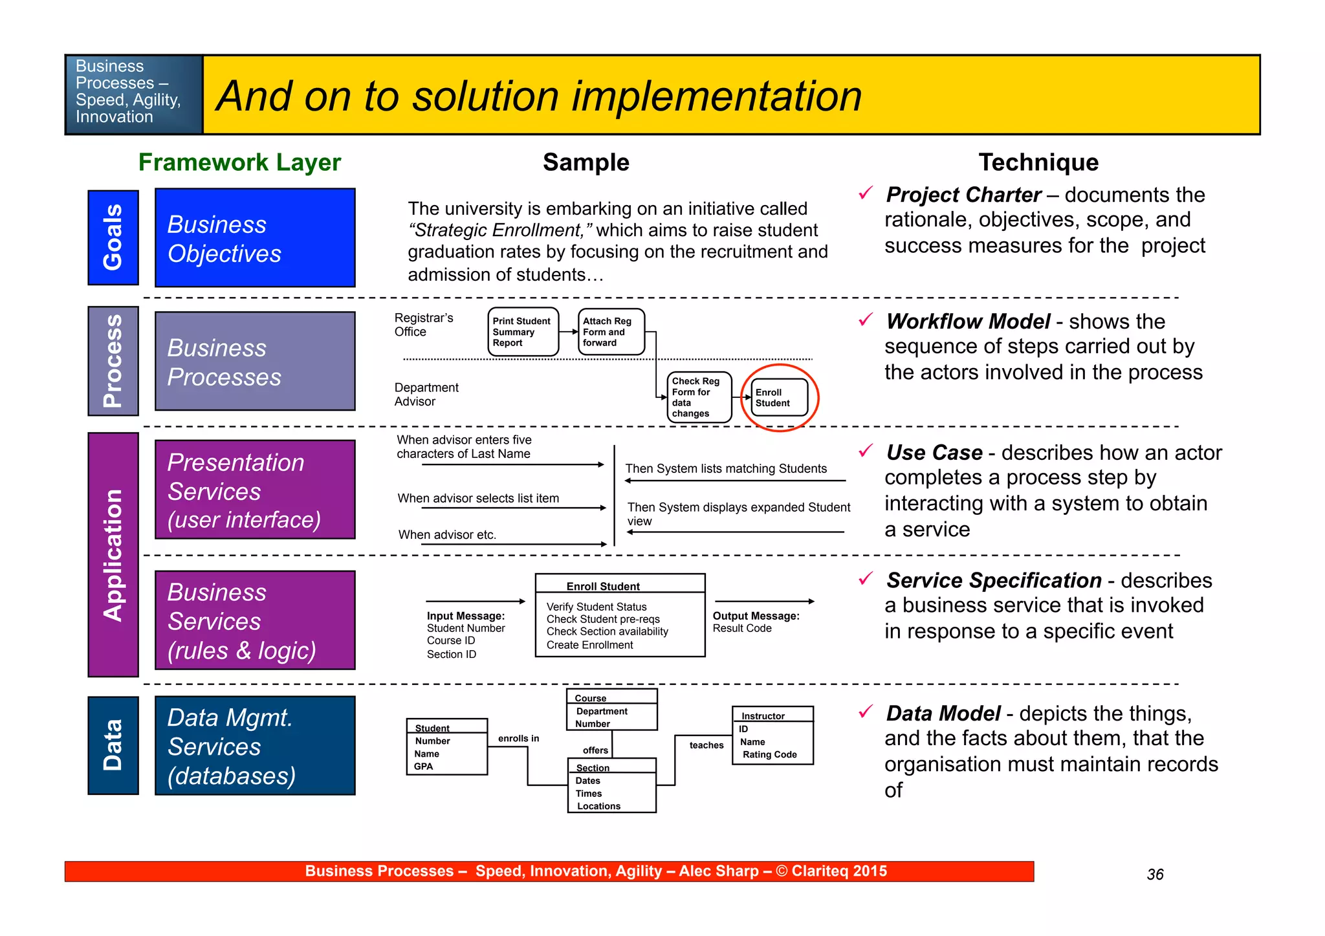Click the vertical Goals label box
coord(113,237)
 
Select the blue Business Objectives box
coord(255,237)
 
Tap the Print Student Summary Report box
coord(523,332)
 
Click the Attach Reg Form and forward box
coord(611,332)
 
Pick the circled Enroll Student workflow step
coord(780,398)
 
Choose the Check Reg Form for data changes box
coord(699,397)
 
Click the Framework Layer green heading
coord(239,162)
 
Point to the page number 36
coord(1155,875)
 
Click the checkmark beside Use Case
coord(866,450)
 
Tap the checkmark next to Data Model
coord(866,712)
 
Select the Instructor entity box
coord(772,735)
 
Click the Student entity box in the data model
coord(446,746)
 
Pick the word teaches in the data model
coord(706,745)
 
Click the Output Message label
coord(756,616)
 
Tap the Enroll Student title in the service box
coord(603,586)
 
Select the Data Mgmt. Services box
coord(255,746)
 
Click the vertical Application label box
coord(113,555)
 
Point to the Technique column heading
coord(1038,162)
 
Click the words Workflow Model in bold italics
coord(968,321)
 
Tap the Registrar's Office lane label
coord(423,325)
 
